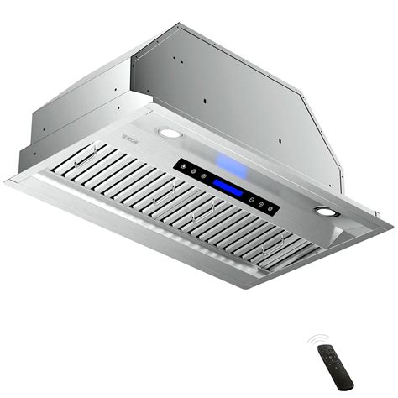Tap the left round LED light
pos(169,134)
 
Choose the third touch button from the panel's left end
pos(200,174)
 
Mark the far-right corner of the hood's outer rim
pos(391,227)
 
